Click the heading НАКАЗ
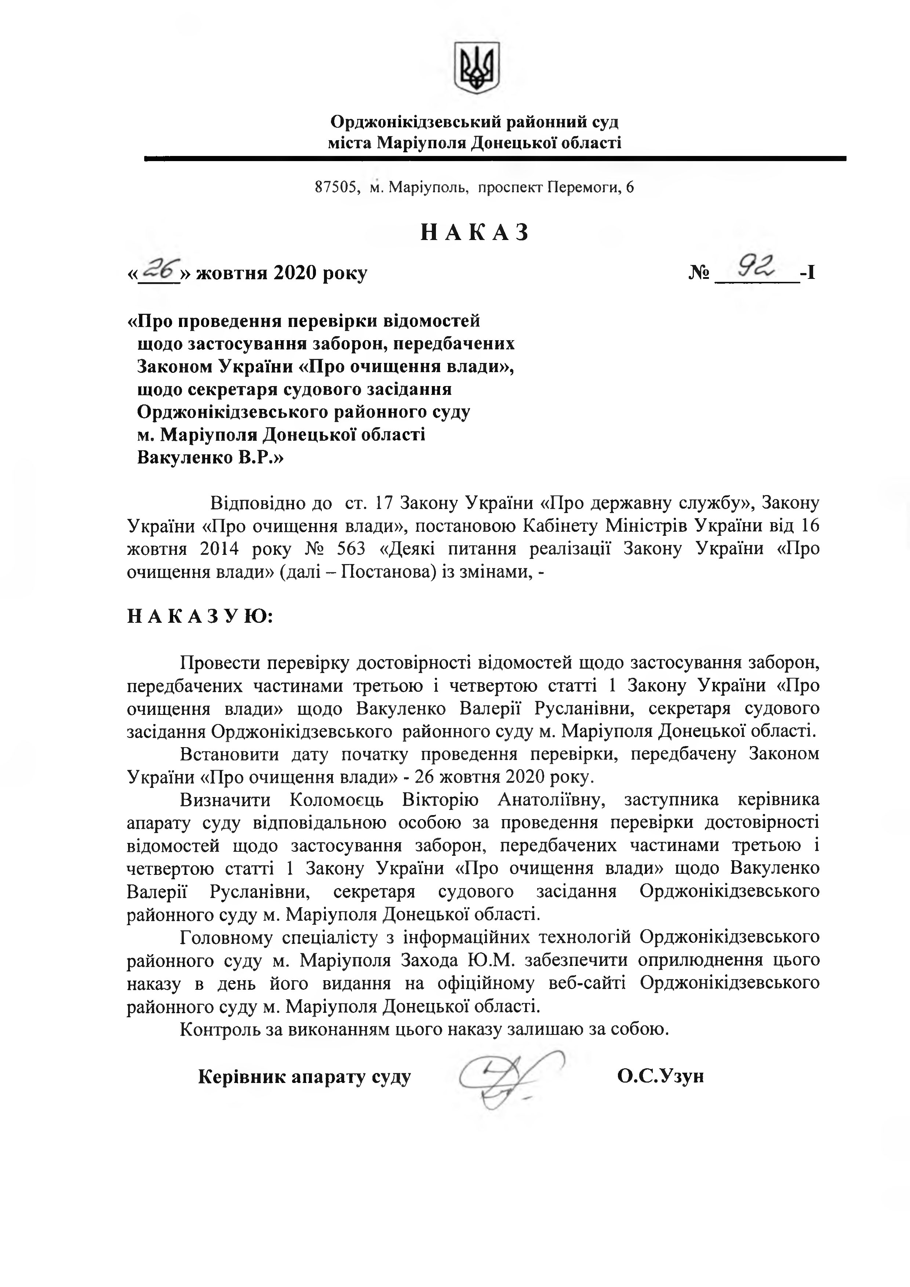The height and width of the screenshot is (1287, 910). (x=475, y=232)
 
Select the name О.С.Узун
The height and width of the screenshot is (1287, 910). (x=660, y=1076)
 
